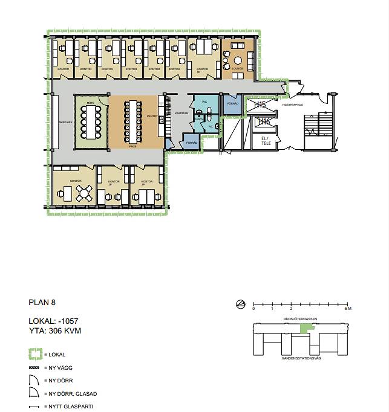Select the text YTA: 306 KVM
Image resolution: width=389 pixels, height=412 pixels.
point(55,330)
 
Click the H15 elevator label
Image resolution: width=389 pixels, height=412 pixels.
point(260,105)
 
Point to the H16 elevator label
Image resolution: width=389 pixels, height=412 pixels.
point(263,122)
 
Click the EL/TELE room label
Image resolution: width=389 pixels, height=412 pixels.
point(264,140)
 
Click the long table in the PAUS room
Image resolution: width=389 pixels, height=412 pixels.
point(132,123)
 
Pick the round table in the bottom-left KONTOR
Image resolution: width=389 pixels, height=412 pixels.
point(85,194)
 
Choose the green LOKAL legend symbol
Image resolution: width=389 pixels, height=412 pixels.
point(36,355)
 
